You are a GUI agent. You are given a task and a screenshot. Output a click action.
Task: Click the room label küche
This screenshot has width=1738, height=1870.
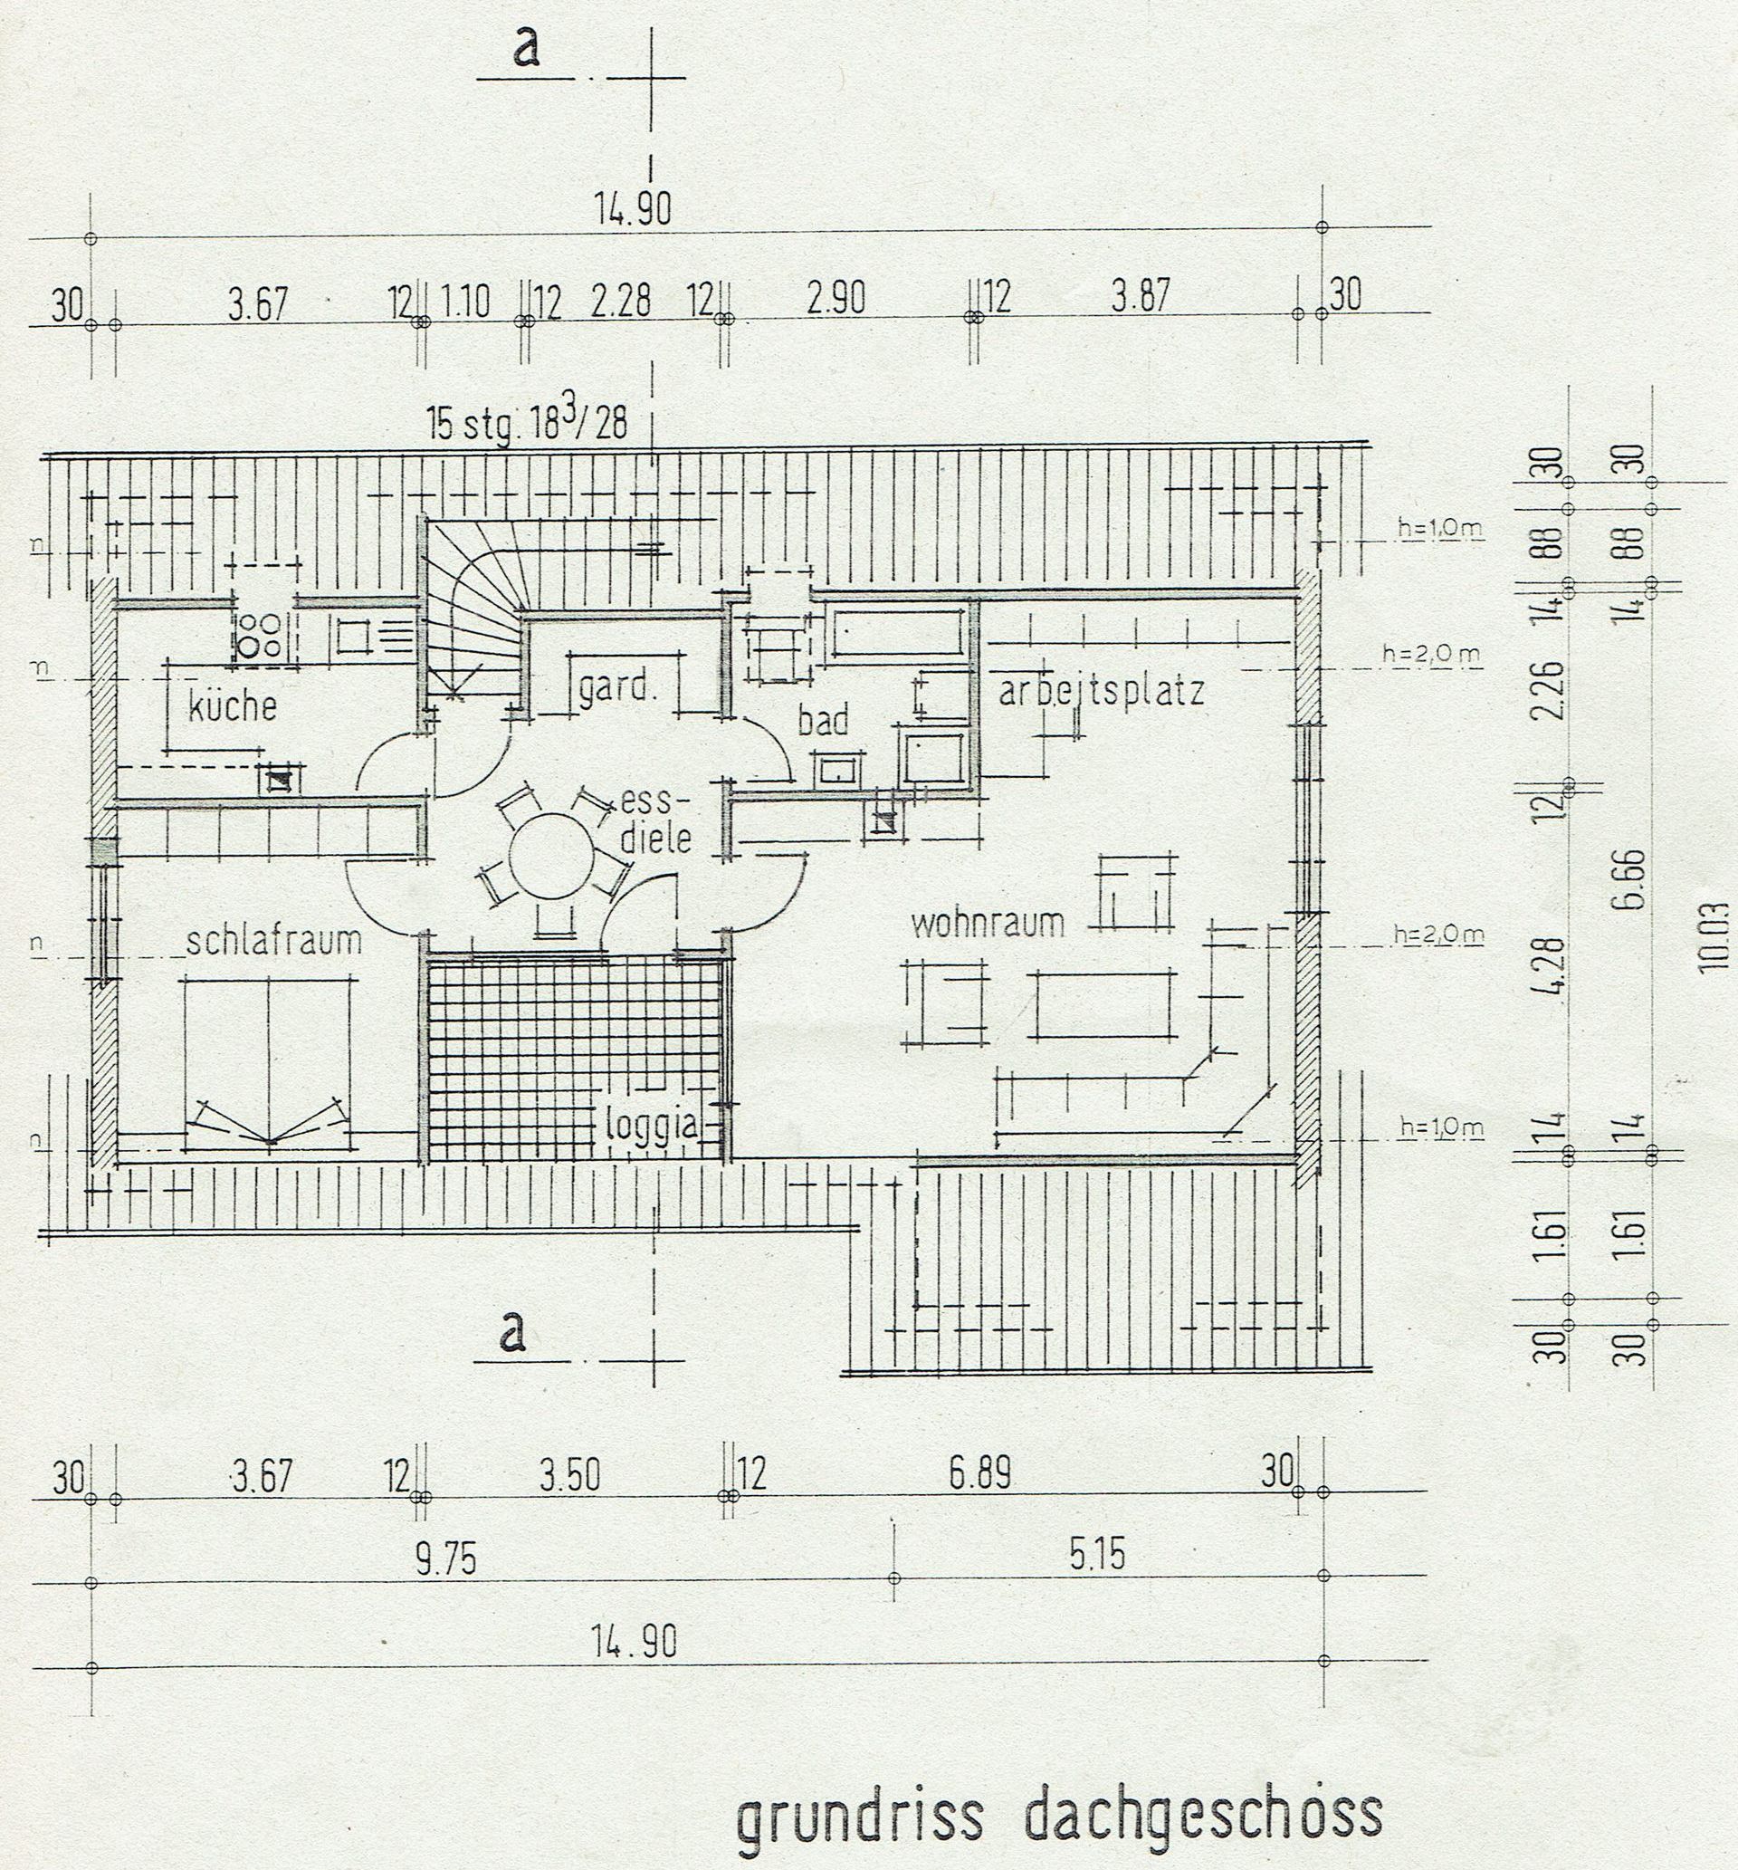point(233,705)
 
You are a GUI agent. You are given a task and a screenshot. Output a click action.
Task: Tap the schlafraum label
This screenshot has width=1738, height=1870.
point(273,941)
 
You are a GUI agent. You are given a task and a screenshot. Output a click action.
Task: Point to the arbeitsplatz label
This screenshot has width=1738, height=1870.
point(1102,693)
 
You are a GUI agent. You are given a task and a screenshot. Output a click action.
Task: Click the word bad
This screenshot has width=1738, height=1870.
point(823,721)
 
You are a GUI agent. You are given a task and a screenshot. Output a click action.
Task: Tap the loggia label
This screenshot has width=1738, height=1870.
point(653,1124)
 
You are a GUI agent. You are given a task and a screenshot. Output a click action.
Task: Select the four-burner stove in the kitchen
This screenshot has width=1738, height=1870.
point(259,634)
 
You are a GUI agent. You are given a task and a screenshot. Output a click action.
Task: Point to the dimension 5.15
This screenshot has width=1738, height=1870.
point(1096,1556)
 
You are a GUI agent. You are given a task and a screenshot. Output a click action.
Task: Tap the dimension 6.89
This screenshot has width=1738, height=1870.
point(979,1474)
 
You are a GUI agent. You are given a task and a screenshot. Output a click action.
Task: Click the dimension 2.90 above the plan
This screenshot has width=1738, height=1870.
point(836,298)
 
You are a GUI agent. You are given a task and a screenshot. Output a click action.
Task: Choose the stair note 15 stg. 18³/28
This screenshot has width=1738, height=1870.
point(527,423)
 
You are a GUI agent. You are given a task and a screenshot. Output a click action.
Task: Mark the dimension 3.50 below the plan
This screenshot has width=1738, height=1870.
point(569,1475)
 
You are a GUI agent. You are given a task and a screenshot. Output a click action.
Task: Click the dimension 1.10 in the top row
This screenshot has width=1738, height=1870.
point(465,302)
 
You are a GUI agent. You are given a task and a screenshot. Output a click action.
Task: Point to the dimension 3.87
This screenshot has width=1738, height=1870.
point(1141,296)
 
